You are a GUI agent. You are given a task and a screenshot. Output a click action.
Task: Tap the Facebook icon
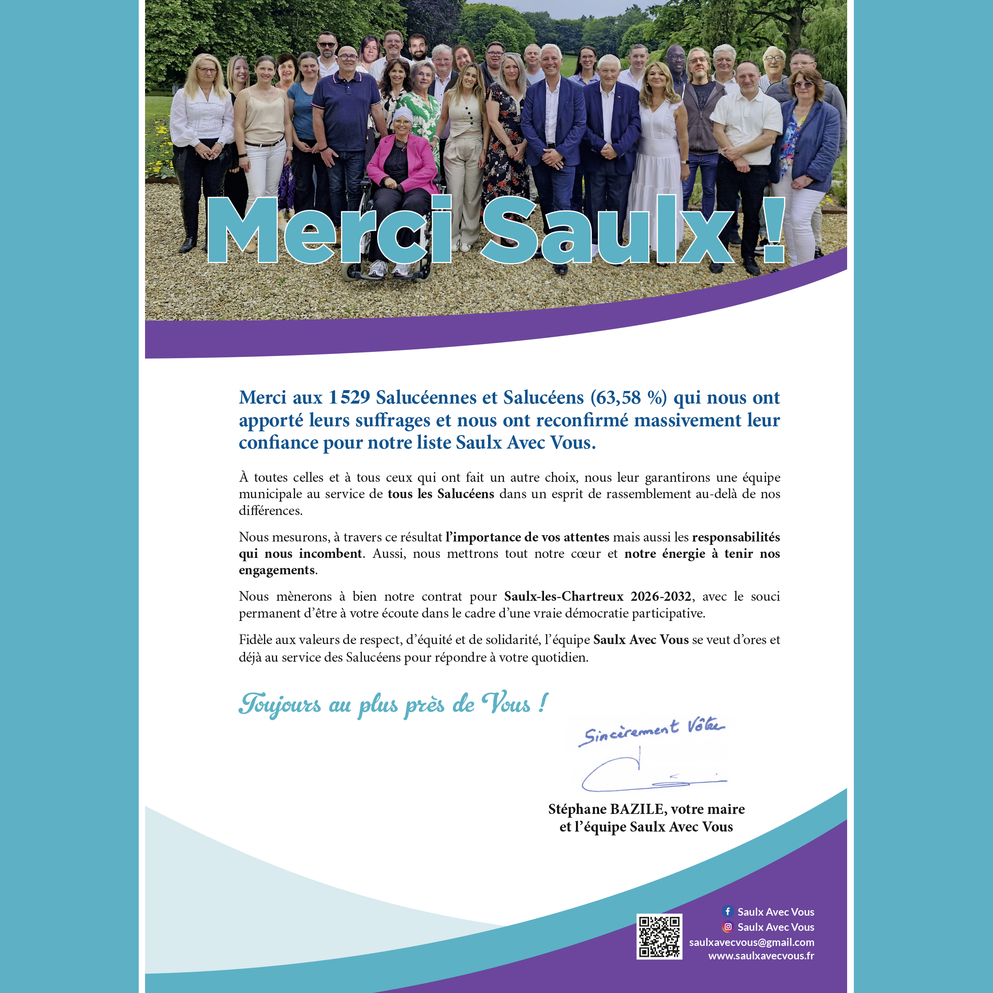click(x=727, y=911)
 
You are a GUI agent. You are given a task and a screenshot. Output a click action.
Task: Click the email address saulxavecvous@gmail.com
click(x=751, y=942)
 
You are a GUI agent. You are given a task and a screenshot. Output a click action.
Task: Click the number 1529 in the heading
click(x=349, y=397)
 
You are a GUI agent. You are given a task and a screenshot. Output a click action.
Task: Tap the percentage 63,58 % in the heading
click(x=628, y=397)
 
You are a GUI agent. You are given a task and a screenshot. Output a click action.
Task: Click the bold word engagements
click(x=277, y=570)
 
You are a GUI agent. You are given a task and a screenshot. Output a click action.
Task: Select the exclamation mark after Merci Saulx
click(x=773, y=230)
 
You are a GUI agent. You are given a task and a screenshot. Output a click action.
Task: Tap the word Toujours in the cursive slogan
click(x=280, y=704)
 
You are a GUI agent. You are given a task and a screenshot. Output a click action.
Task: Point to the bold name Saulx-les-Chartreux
click(x=563, y=596)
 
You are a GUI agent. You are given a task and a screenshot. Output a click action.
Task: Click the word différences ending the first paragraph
click(x=270, y=510)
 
